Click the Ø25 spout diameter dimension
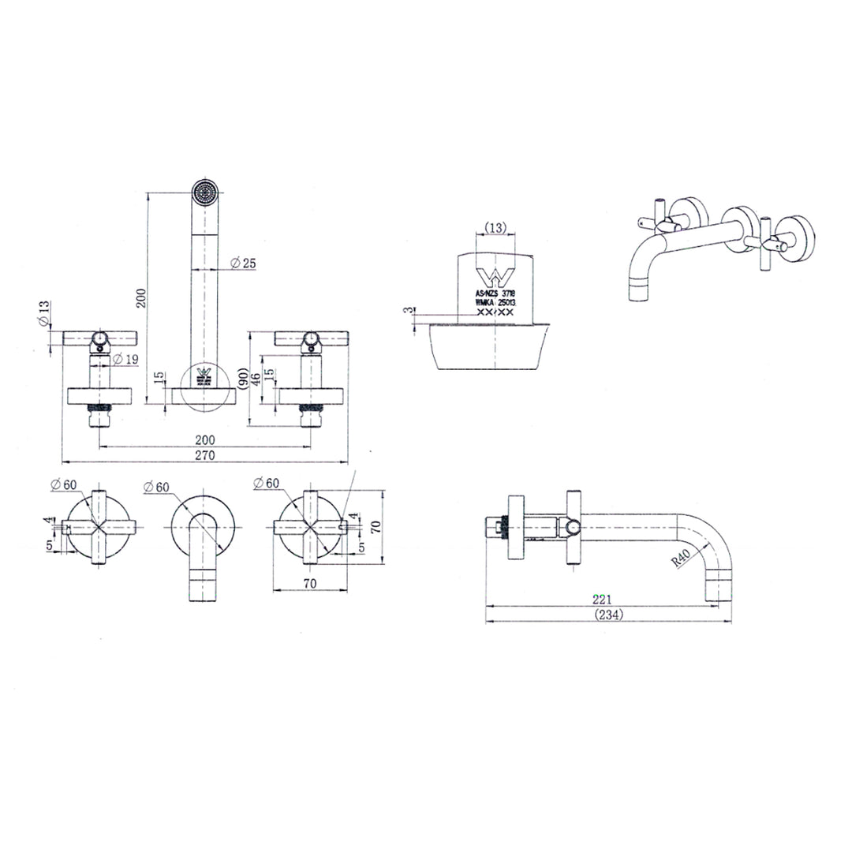pyautogui.click(x=244, y=263)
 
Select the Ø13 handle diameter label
pyautogui.click(x=44, y=314)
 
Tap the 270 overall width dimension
pyautogui.click(x=205, y=455)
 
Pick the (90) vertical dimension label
pyautogui.click(x=242, y=378)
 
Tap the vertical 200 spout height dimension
pyautogui.click(x=141, y=297)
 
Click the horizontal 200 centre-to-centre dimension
pyautogui.click(x=204, y=440)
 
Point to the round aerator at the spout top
pyautogui.click(x=204, y=191)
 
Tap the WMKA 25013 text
pyautogui.click(x=495, y=302)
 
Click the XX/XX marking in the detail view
pyautogui.click(x=495, y=313)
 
